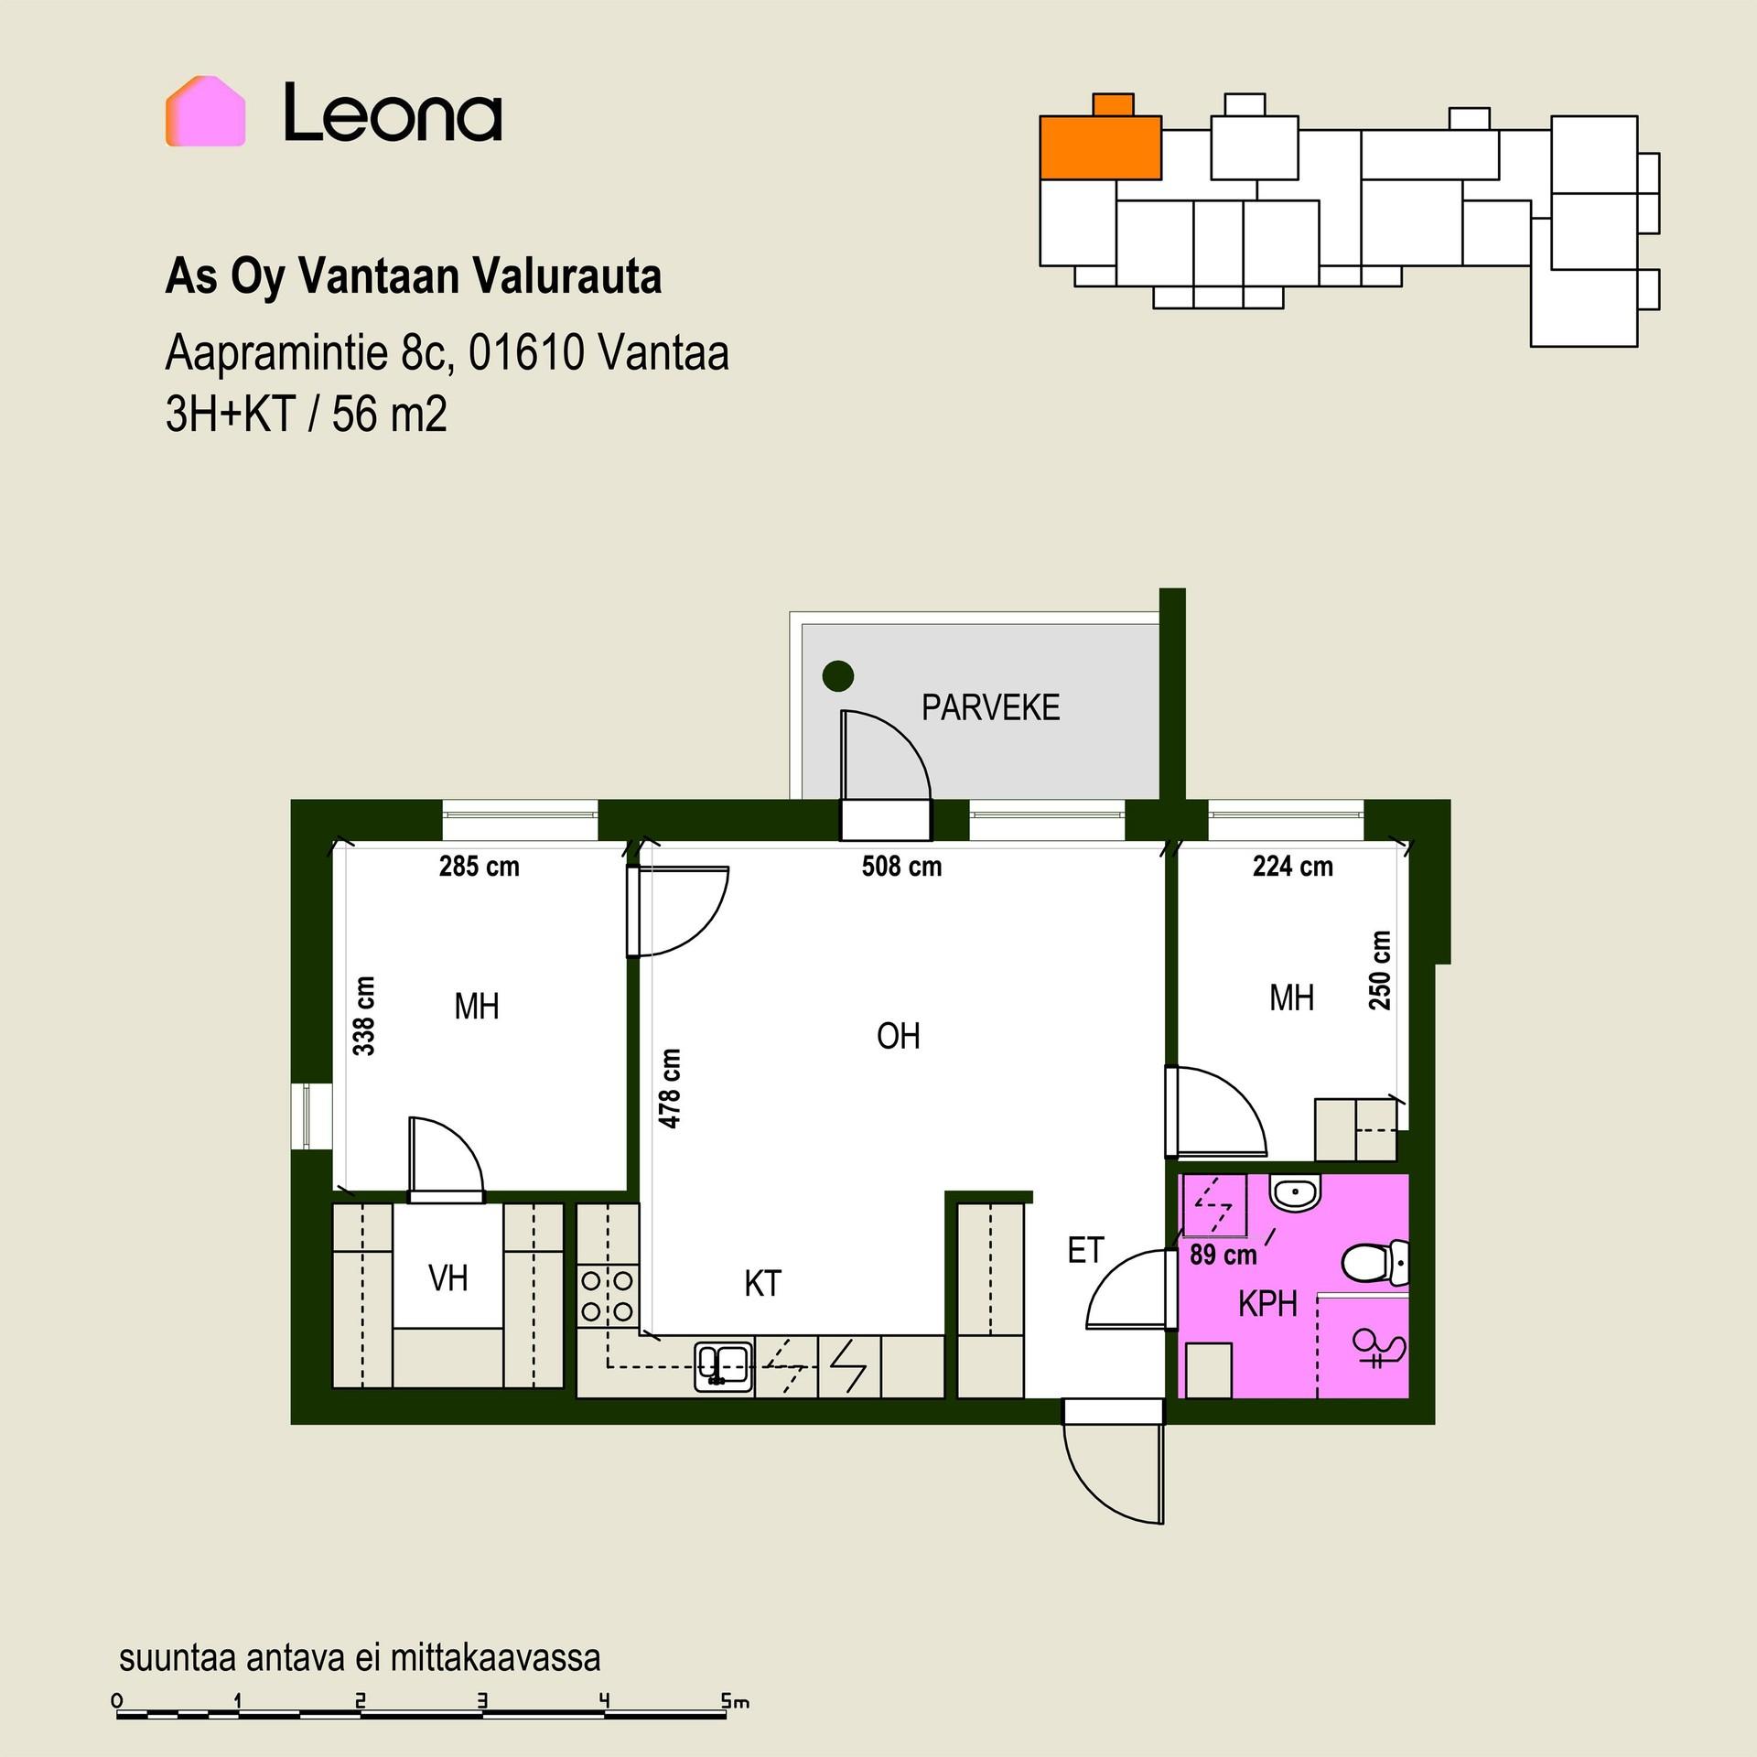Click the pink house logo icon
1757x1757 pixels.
pos(205,111)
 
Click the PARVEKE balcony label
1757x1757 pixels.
pos(990,707)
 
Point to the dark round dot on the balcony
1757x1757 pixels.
pos(838,676)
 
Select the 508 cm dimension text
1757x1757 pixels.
pos(901,866)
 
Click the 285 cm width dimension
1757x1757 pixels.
pos(479,866)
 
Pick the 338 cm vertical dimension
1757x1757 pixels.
pos(363,1016)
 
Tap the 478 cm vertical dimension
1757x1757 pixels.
pos(669,1088)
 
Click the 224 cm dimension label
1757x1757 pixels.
pos(1292,866)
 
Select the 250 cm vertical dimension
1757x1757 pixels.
pos(1379,970)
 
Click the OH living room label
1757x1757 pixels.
pos(898,1036)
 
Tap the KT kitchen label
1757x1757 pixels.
pos(762,1284)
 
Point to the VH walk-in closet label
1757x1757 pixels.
pos(447,1278)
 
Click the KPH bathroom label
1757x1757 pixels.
pos(1267,1304)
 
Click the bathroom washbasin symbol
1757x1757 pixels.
pos(1294,1193)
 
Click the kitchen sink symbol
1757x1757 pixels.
pos(723,1367)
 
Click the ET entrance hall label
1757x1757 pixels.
pos(1085,1251)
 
